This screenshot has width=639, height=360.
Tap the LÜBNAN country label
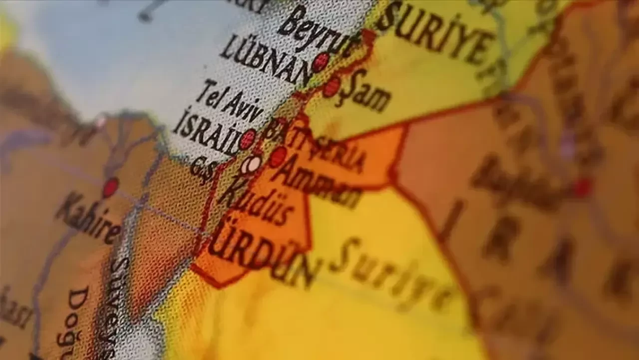point(265,60)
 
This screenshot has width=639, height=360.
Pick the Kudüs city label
point(255,203)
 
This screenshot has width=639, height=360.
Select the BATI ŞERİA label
point(315,145)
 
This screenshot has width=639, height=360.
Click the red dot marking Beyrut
point(320,62)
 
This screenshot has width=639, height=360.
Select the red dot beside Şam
point(331,87)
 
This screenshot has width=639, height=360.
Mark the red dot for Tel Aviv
point(248,139)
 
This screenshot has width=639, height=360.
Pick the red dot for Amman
point(278,157)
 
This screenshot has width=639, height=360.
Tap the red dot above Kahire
point(110,187)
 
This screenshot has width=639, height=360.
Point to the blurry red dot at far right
point(582,188)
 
